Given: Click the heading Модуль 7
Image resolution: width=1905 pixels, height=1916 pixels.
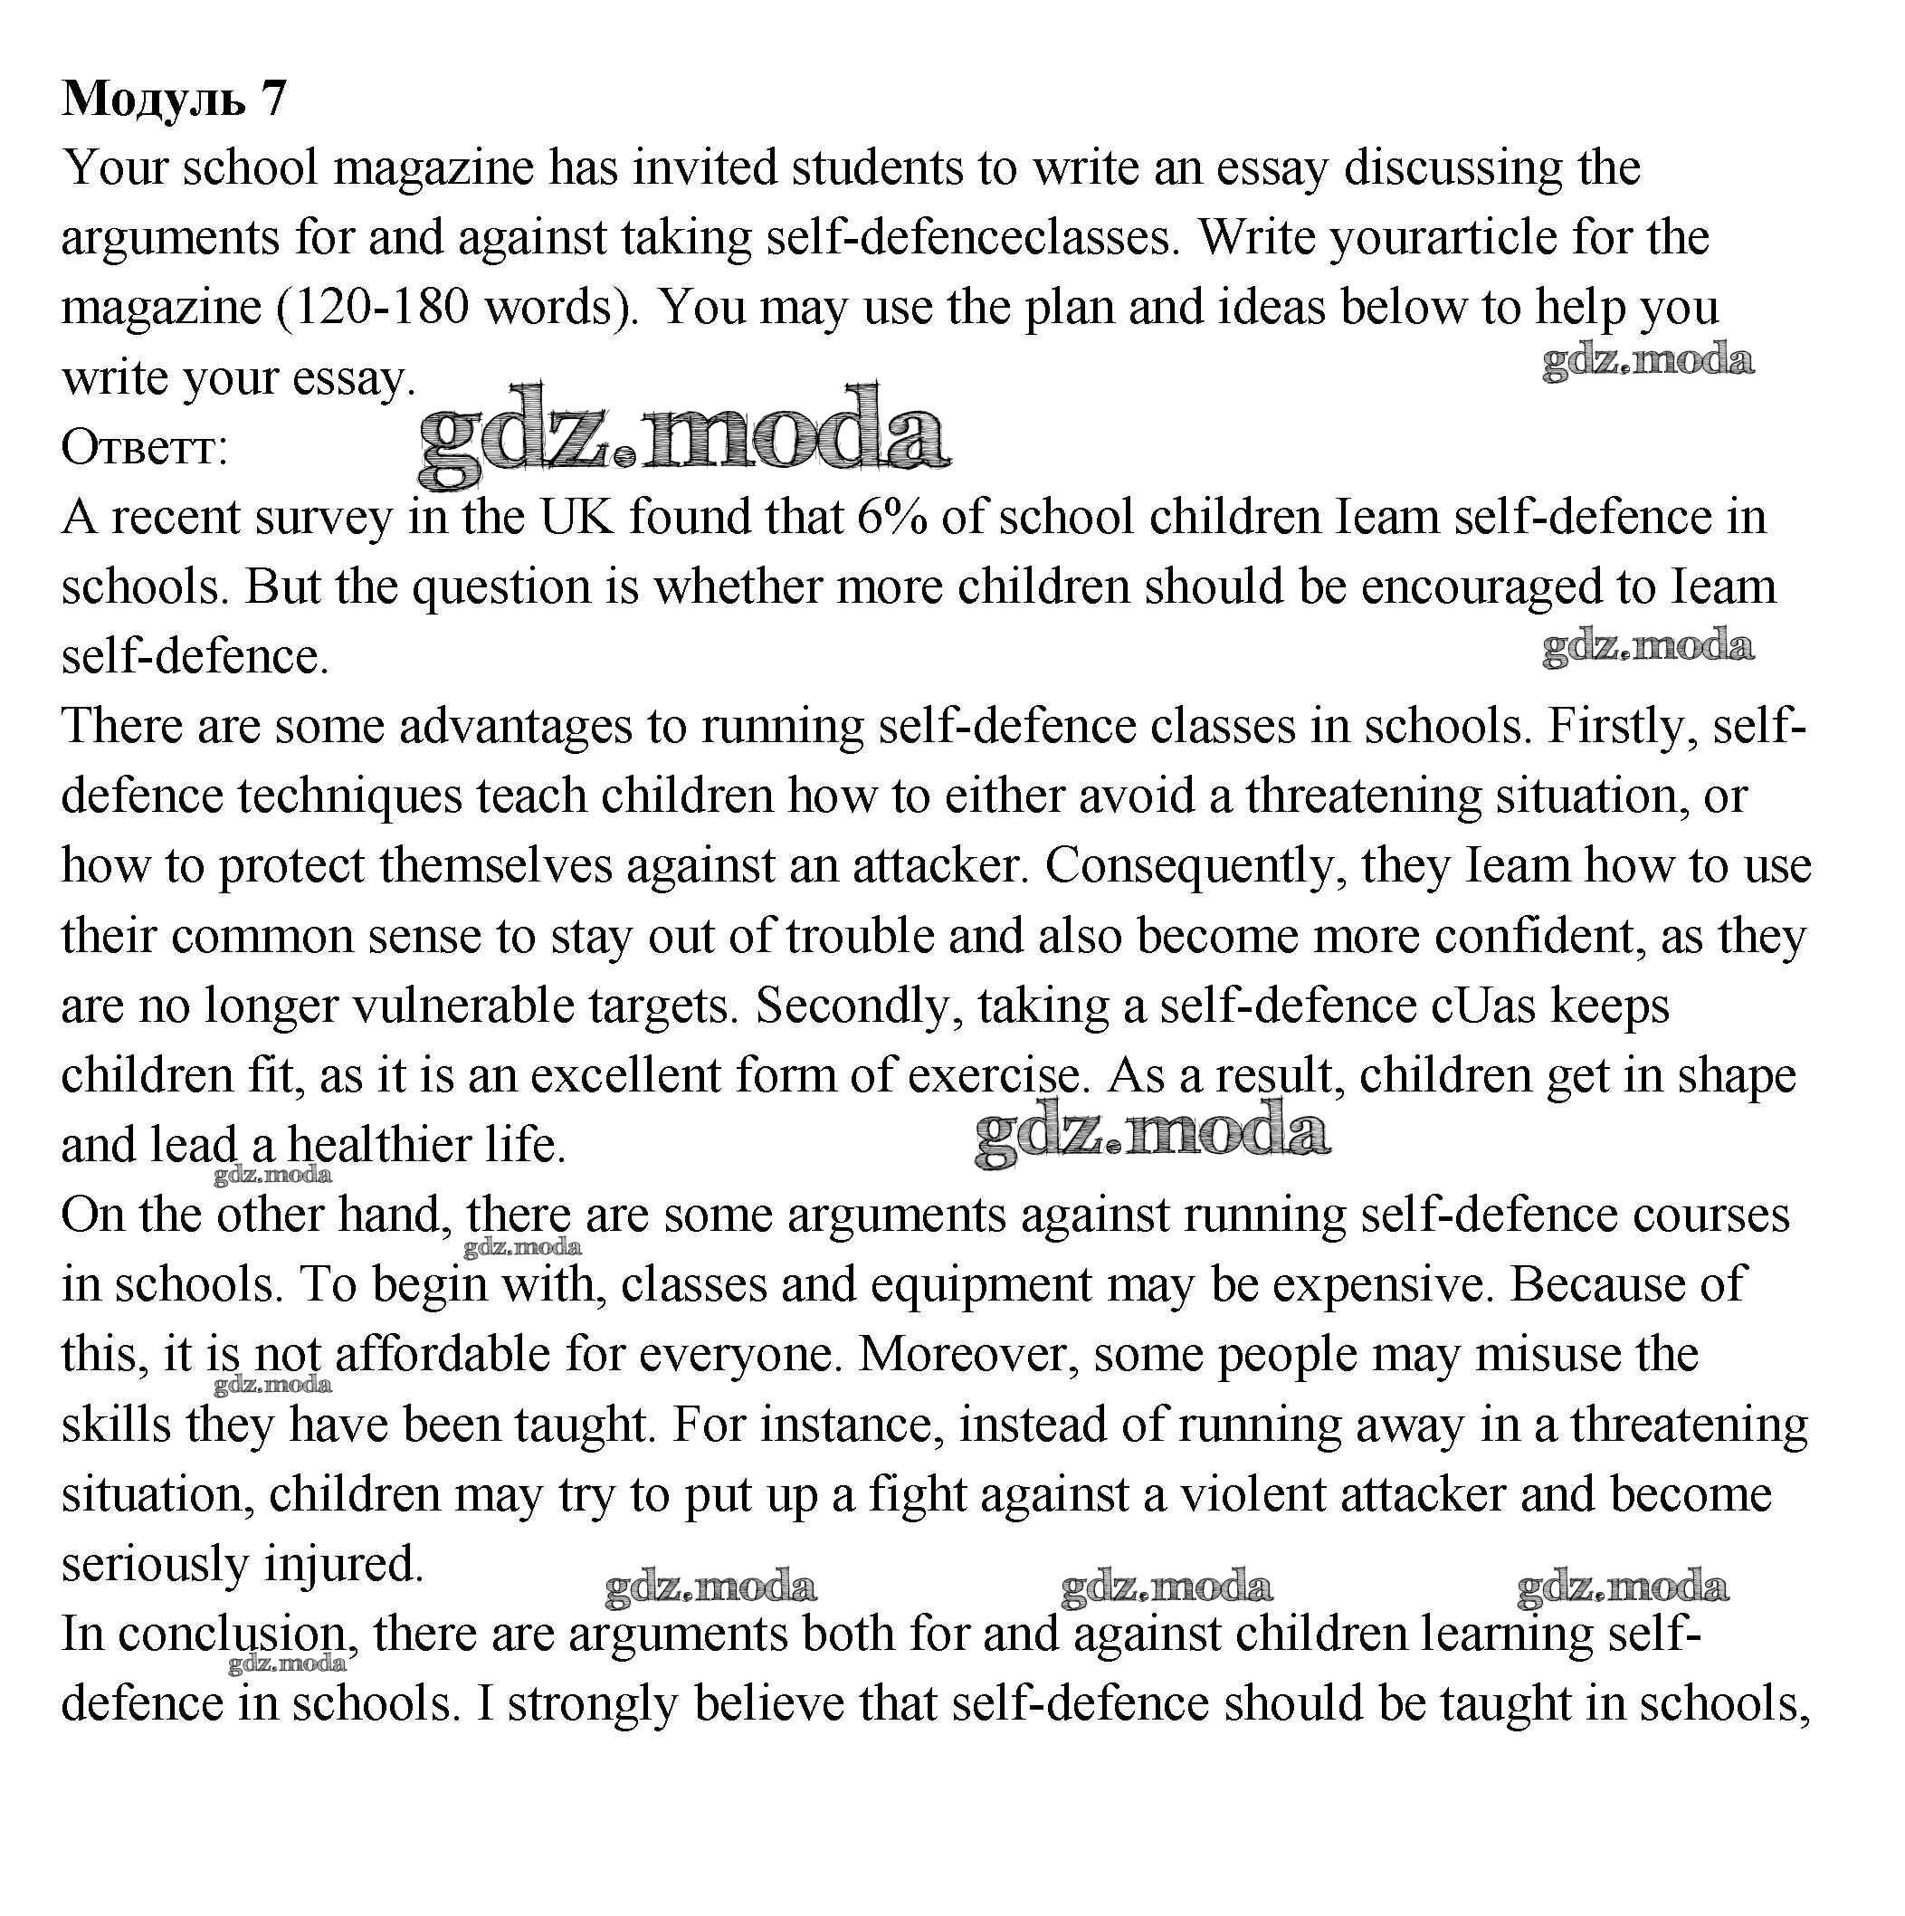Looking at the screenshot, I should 174,98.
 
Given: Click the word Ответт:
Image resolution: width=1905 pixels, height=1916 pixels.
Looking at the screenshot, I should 145,448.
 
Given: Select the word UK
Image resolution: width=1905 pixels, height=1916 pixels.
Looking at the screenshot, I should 576,517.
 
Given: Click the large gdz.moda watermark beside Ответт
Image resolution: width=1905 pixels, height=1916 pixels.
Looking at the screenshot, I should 683,436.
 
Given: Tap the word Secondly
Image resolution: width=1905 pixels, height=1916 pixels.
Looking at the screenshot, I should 859,1006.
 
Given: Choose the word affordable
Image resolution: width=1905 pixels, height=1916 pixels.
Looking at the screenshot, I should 443,1355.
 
